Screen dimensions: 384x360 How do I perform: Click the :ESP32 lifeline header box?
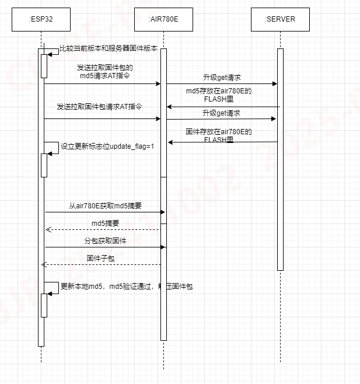coord(41,19)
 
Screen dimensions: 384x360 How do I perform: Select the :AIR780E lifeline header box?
coord(163,19)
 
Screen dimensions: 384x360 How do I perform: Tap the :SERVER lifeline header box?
coord(280,19)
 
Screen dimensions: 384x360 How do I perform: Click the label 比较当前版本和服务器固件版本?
coord(109,50)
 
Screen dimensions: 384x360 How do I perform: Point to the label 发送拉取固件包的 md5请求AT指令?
coord(105,72)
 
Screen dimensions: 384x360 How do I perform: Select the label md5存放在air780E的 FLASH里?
coord(219,95)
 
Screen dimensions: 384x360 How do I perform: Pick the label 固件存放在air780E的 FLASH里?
coord(218,136)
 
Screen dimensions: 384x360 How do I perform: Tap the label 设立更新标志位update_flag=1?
coord(107,146)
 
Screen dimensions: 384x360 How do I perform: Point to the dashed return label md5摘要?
coord(105,224)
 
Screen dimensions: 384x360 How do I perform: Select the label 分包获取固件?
coord(105,241)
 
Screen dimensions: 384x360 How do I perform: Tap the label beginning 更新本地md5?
coord(126,287)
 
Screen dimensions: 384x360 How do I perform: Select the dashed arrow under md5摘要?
coord(103,229)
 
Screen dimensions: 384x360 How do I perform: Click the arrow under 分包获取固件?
coord(105,247)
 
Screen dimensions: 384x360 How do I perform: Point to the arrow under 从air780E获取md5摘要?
coord(105,212)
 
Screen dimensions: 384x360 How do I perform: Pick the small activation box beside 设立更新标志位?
coord(44,165)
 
